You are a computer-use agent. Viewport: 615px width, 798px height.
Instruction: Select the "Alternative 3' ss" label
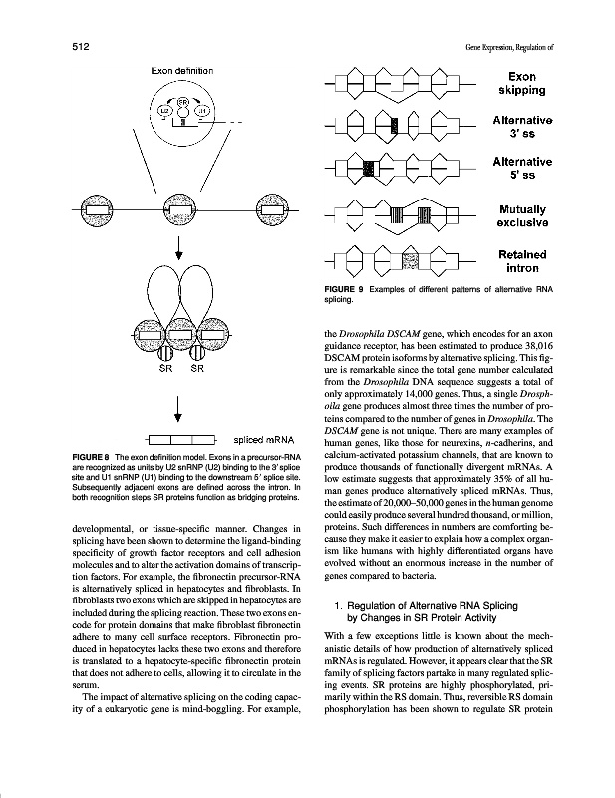coord(523,127)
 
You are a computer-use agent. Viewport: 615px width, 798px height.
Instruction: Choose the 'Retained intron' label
coord(524,262)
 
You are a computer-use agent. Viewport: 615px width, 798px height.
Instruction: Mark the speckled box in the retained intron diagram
coord(409,262)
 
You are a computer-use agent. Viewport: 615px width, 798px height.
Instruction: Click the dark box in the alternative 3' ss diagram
coord(396,127)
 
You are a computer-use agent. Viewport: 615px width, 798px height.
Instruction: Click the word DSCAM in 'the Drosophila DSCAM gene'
coord(430,336)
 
